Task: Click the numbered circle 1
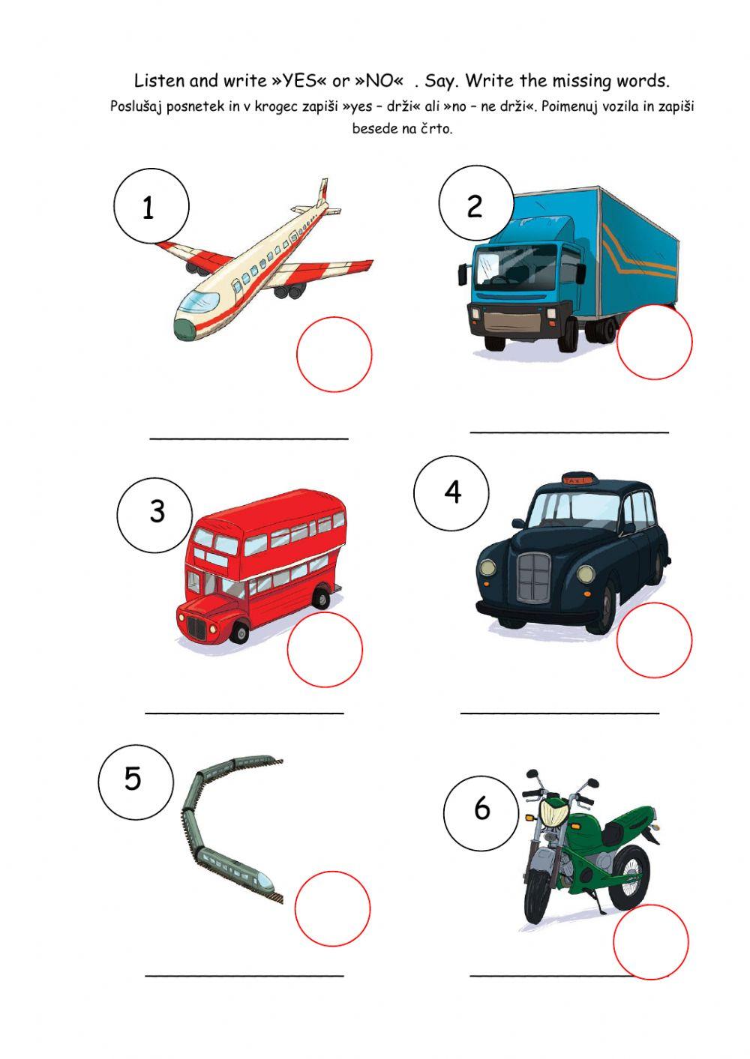point(151,206)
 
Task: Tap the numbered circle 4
point(451,492)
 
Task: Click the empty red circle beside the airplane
point(334,354)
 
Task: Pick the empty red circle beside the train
point(332,908)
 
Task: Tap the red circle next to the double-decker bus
point(325,649)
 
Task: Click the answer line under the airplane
point(249,437)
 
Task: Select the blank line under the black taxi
point(559,712)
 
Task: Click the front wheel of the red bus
point(239,633)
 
